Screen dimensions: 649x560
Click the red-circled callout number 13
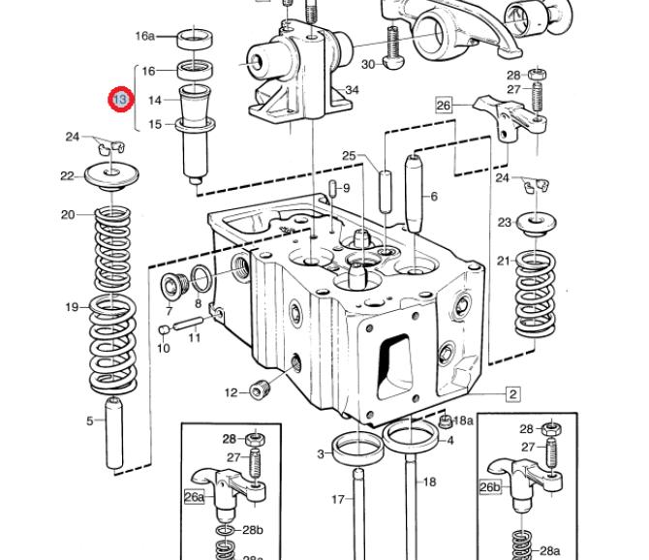click(121, 100)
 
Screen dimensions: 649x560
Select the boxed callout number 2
click(513, 394)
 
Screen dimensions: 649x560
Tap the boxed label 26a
click(194, 496)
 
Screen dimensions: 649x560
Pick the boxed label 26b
click(490, 487)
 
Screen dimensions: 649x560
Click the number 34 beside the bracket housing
click(352, 90)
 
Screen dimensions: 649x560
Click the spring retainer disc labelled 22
click(111, 175)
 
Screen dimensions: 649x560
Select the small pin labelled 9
click(333, 189)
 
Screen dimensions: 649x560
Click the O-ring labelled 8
click(201, 278)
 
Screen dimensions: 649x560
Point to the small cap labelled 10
click(165, 329)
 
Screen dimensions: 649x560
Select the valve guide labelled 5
click(114, 433)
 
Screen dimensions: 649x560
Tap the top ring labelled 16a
click(195, 40)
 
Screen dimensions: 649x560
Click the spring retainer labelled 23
click(537, 224)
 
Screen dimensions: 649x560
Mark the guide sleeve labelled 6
click(415, 193)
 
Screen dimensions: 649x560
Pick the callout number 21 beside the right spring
click(504, 262)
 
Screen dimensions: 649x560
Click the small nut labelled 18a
click(446, 422)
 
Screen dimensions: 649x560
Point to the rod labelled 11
click(188, 324)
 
